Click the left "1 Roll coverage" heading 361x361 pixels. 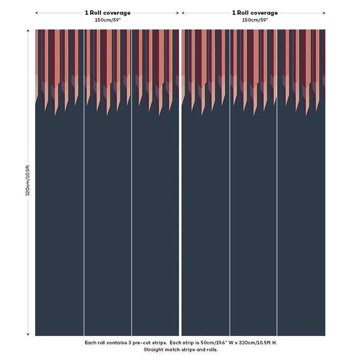(107, 13)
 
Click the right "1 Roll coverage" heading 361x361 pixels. (255, 13)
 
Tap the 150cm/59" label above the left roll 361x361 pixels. (107, 20)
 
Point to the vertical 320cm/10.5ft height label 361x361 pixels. (28, 181)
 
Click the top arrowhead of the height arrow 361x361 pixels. (28, 31)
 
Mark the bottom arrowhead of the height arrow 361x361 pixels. (28, 334)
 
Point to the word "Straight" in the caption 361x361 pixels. (155, 350)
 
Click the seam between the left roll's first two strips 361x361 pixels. (84, 204)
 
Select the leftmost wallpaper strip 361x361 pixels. (60, 204)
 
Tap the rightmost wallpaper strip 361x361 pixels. (301, 204)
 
